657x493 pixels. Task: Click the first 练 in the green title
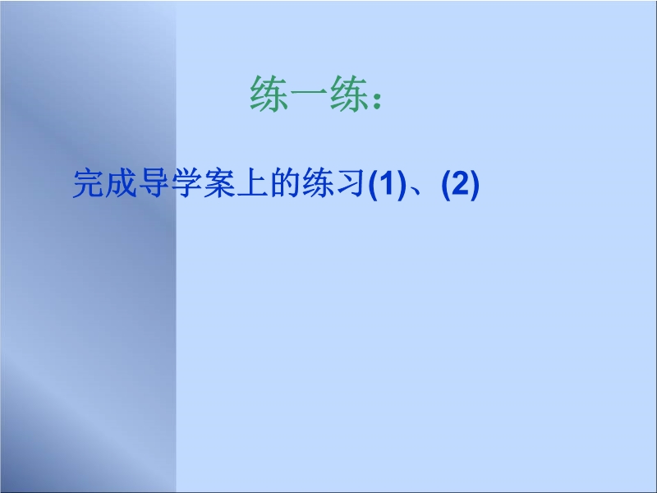tap(269, 94)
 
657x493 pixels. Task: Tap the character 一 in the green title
tap(310, 94)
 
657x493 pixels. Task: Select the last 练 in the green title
tap(349, 94)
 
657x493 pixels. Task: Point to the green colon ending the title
tap(377, 99)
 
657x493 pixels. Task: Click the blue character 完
tap(89, 183)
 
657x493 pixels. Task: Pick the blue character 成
tap(122, 183)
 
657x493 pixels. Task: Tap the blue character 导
tap(154, 183)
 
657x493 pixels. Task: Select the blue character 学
tap(187, 183)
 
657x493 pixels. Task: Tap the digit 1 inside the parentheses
tap(387, 183)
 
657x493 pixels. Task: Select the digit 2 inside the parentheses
tap(461, 183)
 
